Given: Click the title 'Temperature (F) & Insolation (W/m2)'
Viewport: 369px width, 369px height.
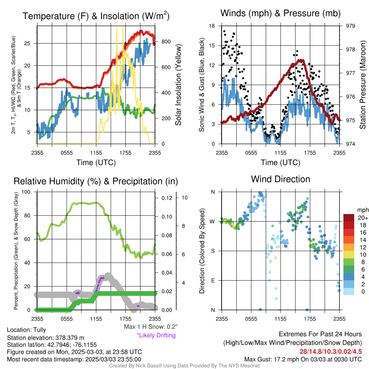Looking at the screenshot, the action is pos(96,16).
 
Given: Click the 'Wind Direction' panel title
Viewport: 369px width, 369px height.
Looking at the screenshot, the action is pos(280,179).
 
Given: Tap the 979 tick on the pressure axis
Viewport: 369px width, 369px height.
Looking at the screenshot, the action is pos(350,26).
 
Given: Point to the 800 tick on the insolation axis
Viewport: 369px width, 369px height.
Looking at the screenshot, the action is pos(166,42).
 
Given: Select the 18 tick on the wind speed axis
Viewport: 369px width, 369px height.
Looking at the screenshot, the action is pos(212,26).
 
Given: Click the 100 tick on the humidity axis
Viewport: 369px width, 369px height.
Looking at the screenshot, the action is pos(26,192).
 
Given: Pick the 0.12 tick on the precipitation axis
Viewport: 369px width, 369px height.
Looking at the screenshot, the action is pos(167,198).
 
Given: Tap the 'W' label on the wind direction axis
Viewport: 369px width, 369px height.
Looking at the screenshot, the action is pos(213,222).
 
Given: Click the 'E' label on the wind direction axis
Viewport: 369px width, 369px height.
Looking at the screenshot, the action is pos(213,280).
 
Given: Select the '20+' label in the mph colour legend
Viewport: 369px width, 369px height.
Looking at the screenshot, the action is pos(363,218).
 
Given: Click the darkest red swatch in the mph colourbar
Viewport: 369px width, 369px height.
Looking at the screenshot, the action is pos(349,218).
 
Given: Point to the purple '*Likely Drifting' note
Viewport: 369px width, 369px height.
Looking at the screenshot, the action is pos(156,335).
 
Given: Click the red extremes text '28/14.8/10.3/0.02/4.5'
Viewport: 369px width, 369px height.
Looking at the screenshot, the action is pos(331,352).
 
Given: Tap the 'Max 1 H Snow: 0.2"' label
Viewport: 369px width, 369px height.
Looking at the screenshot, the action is pos(151,326).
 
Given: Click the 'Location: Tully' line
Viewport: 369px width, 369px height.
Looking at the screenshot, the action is pos(27,330).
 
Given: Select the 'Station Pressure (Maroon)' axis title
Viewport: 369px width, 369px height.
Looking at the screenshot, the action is pos(363,85).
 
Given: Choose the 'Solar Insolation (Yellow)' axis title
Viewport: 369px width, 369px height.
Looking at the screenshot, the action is pos(178,85).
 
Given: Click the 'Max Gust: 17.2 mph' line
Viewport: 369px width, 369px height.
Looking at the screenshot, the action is pos(303,359).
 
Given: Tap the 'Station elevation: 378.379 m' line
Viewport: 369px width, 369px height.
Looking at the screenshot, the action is pos(46,338).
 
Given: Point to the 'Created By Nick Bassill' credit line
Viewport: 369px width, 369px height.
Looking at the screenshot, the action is pos(184,366).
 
